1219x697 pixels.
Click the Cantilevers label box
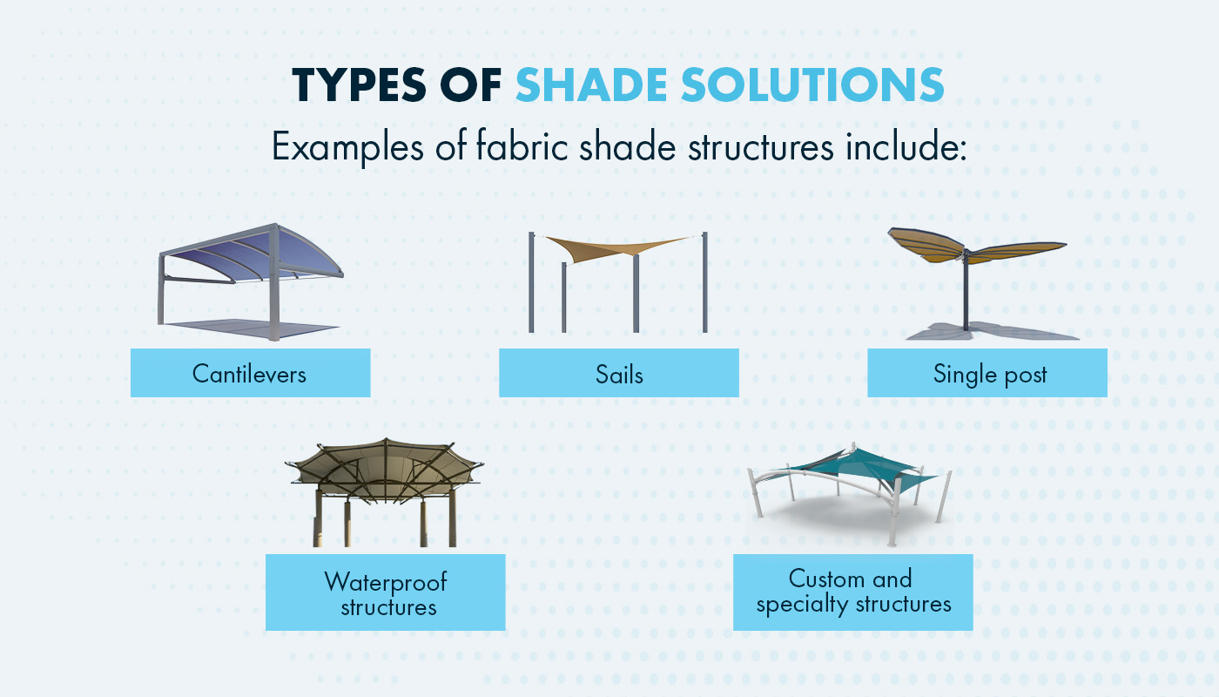click(x=250, y=373)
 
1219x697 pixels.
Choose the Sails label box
click(x=618, y=373)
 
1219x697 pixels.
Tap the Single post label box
click(x=987, y=373)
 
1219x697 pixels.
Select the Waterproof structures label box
click(x=385, y=592)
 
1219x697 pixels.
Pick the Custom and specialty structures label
click(x=852, y=592)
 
